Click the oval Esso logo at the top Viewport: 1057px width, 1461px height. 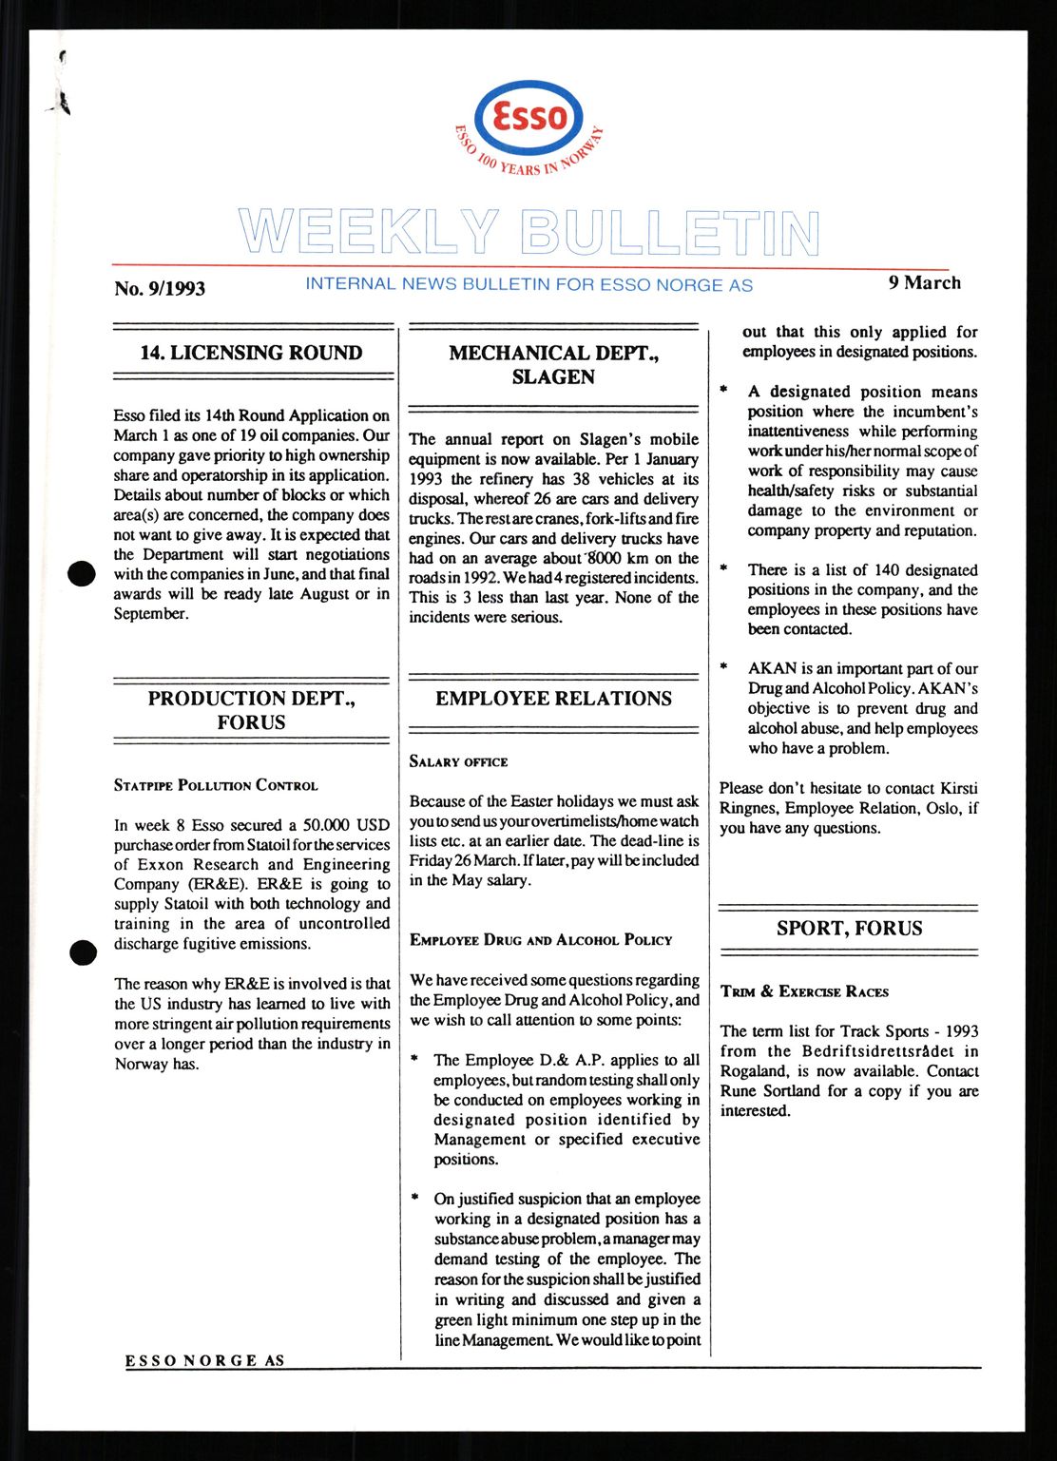528,118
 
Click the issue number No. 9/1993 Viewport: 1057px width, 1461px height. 160,288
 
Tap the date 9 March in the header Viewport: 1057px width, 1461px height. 924,282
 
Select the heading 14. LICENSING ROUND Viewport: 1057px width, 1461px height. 251,353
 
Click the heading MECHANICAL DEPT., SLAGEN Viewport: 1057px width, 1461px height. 553,365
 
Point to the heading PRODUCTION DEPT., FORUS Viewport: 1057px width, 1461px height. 251,710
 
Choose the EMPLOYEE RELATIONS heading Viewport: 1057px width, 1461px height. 553,699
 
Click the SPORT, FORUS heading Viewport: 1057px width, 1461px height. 849,929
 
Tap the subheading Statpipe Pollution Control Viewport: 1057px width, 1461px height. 216,785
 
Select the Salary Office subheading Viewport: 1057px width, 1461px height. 458,761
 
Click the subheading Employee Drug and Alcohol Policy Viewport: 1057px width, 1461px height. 541,940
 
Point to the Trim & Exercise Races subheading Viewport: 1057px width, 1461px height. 804,991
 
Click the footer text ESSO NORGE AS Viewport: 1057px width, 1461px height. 205,1360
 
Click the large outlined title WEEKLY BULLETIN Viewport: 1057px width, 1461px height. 528,233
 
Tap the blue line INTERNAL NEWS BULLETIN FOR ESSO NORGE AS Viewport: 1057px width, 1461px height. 528,284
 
